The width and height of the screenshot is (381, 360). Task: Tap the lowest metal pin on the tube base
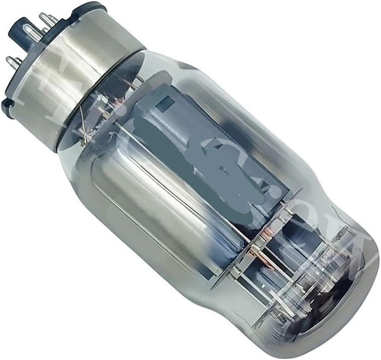tap(14, 62)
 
